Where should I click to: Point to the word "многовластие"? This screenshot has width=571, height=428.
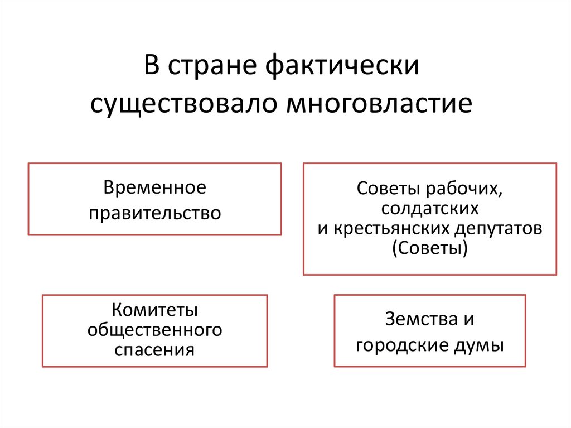click(380, 104)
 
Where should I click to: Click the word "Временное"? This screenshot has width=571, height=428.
click(154, 187)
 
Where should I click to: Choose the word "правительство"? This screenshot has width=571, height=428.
click(154, 213)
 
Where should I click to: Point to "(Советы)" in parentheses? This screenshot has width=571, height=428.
click(429, 248)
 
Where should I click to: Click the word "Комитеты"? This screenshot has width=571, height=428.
click(154, 310)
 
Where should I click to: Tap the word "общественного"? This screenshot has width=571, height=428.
click(154, 330)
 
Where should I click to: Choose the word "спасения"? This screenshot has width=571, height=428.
click(154, 350)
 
